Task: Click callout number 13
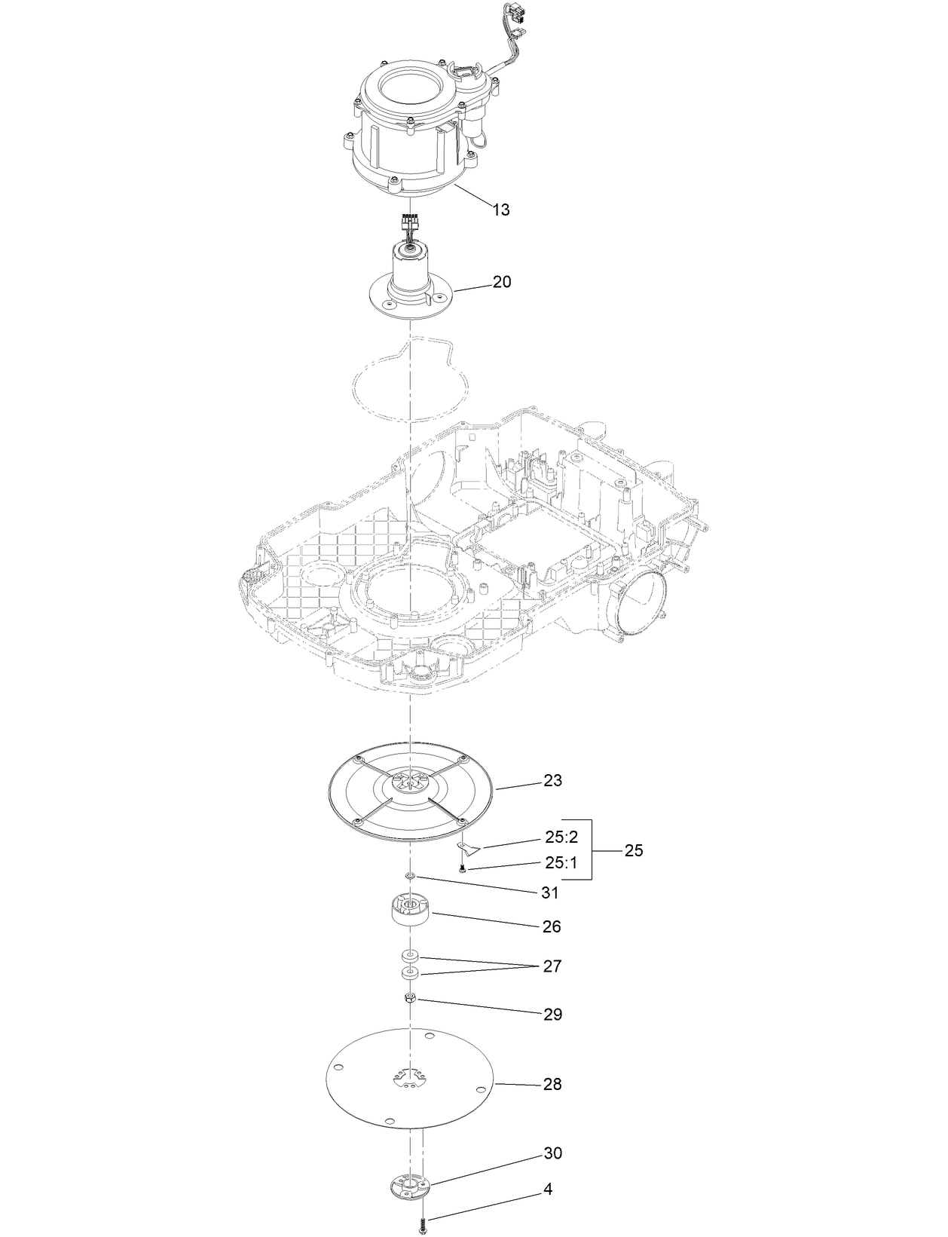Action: [x=501, y=210]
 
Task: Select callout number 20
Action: [x=502, y=282]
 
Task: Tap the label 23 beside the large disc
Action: [x=552, y=780]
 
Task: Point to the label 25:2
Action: [x=561, y=837]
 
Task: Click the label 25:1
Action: [x=561, y=862]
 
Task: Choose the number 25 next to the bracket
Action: [x=634, y=850]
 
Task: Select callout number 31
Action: [x=550, y=893]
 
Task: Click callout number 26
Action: [x=552, y=926]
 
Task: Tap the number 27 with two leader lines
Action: [x=552, y=966]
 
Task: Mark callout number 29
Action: [x=552, y=1015]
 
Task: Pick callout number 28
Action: [x=552, y=1084]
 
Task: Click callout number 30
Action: [x=552, y=1153]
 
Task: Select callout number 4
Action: [x=548, y=1190]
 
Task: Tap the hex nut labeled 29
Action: [x=410, y=999]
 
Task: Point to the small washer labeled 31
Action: [x=410, y=876]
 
